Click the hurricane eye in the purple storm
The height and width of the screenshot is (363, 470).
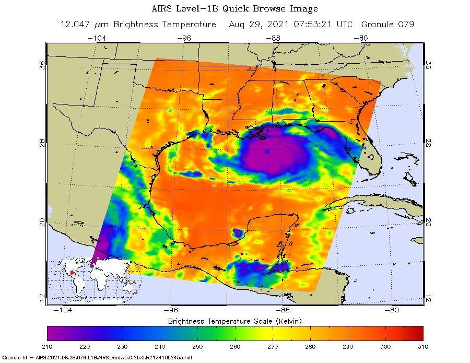coord(267,152)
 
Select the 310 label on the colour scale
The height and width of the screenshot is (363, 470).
coord(422,346)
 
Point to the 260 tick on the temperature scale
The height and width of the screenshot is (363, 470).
coord(235,346)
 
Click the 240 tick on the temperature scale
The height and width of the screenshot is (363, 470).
coord(160,346)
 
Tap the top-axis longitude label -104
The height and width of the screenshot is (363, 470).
coord(97,38)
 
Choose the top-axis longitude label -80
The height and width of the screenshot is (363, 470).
coord(363,38)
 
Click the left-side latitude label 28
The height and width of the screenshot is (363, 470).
coord(42,143)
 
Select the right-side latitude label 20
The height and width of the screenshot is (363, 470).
coord(428,223)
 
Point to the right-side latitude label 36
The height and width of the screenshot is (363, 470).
coord(428,65)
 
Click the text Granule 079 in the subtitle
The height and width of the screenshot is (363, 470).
coord(386,25)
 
